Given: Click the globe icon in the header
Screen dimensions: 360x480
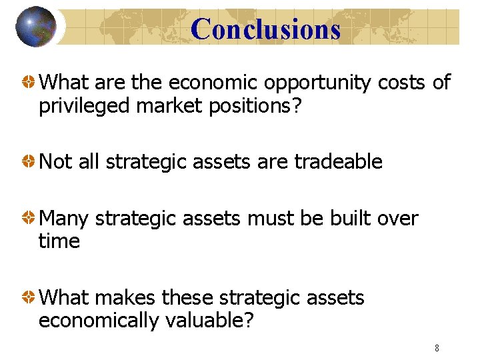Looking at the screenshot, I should coord(35,27).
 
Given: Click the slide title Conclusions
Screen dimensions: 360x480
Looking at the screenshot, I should coord(265,29).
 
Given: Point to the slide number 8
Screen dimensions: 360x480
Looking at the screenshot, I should coord(437,348).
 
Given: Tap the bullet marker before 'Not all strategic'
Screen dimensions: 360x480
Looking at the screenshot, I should coord(29,162).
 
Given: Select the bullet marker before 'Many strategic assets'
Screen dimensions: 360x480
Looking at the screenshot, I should coord(29,219).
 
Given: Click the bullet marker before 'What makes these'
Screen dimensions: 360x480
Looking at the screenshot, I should coord(29,298).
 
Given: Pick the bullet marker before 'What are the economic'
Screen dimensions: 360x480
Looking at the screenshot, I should coord(29,83).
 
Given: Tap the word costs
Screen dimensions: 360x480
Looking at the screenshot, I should coord(403,83).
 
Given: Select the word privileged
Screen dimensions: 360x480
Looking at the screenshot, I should coord(85,106).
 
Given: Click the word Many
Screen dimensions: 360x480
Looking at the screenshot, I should coord(65,219).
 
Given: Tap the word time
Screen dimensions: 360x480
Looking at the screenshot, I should coord(59,241).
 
